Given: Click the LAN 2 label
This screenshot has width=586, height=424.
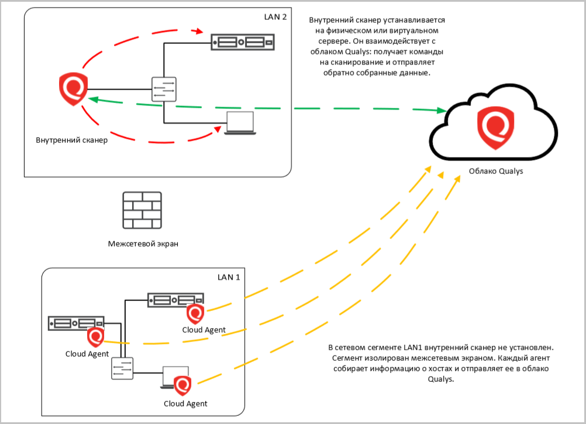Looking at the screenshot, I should tap(275, 17).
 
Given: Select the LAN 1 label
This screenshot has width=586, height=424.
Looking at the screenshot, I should tap(229, 276).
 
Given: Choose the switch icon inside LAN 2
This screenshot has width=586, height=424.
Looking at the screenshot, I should tap(164, 90).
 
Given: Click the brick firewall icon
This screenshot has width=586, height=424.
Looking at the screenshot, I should tap(142, 210).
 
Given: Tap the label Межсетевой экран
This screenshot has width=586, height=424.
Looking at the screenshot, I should tap(143, 244).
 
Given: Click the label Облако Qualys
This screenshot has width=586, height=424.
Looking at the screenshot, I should tap(496, 172).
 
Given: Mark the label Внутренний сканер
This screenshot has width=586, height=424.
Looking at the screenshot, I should tap(72, 141).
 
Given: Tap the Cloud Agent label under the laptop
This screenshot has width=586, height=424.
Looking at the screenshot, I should tap(185, 404).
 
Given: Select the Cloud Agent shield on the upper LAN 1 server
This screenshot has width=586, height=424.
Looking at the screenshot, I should tap(195, 313).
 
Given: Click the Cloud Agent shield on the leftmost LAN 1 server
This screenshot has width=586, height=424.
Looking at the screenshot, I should tap(95, 337).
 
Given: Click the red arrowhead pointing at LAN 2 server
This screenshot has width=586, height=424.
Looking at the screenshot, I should tap(202, 32).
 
